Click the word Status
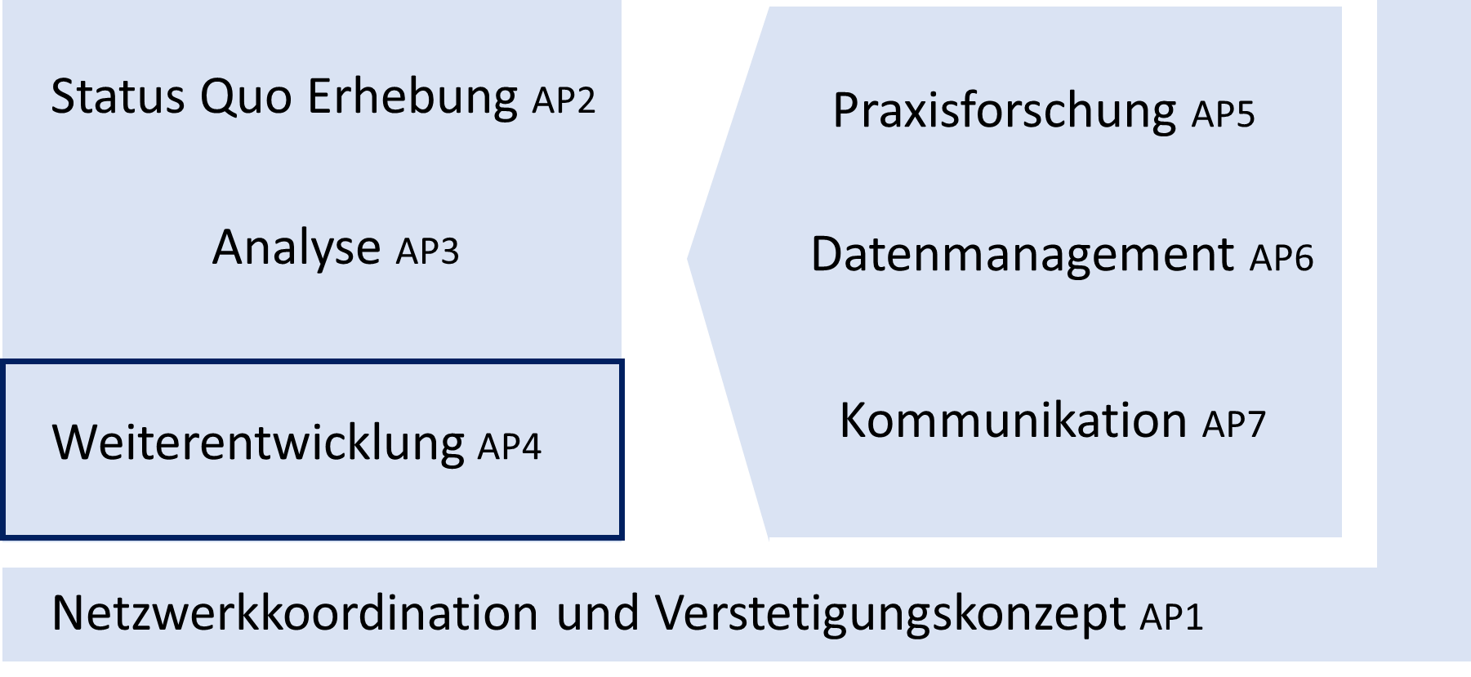(x=118, y=96)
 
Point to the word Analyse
(x=296, y=247)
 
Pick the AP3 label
(x=427, y=252)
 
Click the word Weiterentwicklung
(x=258, y=443)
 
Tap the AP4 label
(x=509, y=447)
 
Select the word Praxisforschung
(x=1004, y=111)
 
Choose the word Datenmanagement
(x=1022, y=254)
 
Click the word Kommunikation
(x=1013, y=420)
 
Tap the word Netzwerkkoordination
(x=295, y=612)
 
